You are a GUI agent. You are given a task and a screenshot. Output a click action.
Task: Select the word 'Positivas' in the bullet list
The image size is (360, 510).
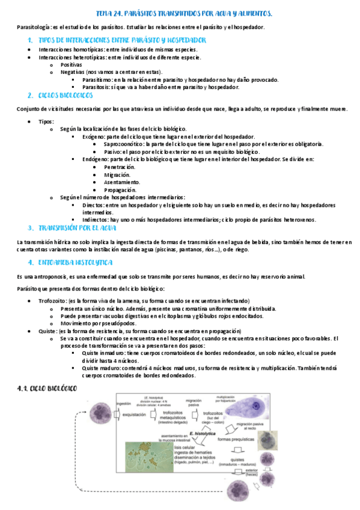point(72,64)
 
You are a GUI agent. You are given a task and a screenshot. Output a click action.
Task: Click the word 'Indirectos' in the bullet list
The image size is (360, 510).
point(96,220)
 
